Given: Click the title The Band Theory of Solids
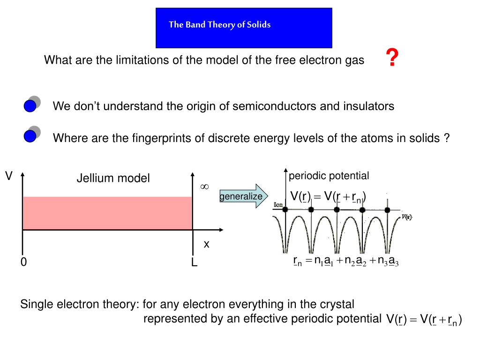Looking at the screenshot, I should (220, 25).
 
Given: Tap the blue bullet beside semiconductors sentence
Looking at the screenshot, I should (30, 106).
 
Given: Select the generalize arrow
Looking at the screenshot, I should (243, 196).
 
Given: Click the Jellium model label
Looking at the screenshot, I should (113, 178).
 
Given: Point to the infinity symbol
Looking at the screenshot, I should (204, 187).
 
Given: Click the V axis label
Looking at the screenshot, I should (8, 176).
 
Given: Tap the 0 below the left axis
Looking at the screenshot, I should (23, 262).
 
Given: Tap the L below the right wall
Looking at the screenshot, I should (194, 263).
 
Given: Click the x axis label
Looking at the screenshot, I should (206, 244).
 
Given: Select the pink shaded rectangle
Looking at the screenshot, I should (107, 213).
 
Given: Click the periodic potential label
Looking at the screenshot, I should (329, 176).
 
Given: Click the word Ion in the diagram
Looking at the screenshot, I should (277, 204).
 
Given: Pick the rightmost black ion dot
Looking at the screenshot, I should (387, 210).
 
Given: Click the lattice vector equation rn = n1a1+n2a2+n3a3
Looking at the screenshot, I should (346, 261).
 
